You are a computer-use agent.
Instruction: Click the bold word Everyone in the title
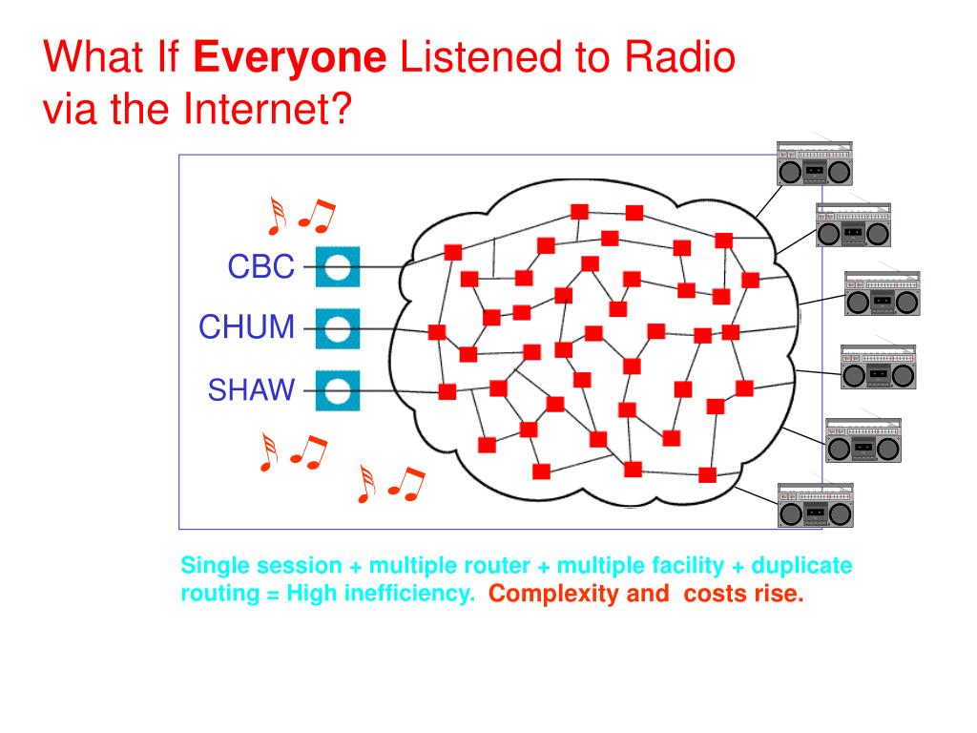(290, 59)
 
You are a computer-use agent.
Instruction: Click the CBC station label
(260, 267)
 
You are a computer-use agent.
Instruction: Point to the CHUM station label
(247, 327)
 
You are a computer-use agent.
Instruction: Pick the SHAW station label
(252, 389)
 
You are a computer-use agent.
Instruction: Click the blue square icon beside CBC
(337, 267)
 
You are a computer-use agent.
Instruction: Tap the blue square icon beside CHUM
(337, 329)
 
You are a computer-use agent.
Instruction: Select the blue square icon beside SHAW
(337, 390)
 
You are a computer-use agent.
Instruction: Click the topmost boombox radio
(815, 163)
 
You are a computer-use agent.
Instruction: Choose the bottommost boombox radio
(815, 505)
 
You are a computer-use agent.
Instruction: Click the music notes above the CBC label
(301, 217)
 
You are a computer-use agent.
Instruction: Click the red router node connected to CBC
(453, 253)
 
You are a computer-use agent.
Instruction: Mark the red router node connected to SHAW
(447, 391)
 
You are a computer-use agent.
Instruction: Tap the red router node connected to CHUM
(437, 332)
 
